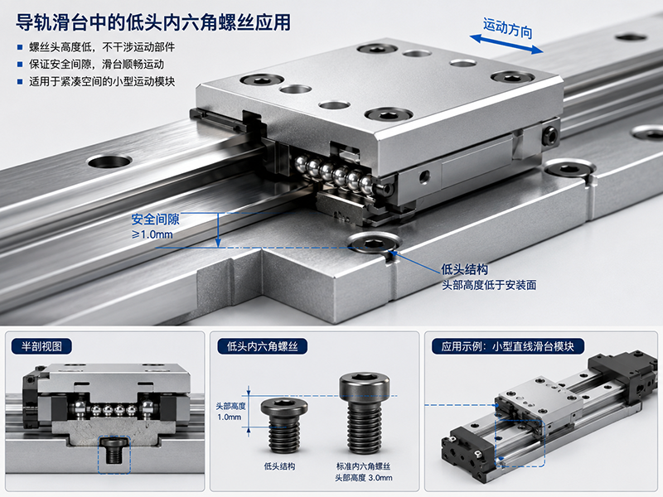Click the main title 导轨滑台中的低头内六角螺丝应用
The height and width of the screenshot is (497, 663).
coord(153,22)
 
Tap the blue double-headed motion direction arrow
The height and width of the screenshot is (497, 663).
coord(506,45)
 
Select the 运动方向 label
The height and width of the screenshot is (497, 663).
coord(507,28)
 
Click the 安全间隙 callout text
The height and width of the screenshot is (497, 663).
coord(155,220)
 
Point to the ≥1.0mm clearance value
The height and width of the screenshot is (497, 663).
coord(152,234)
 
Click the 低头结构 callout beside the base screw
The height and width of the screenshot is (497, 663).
coord(464,269)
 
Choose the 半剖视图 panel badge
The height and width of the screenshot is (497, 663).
coord(41,346)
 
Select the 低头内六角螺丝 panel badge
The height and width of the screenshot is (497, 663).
coord(262,346)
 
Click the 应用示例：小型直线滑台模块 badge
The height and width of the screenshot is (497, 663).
coord(507,346)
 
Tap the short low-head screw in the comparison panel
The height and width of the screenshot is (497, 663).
coord(284,425)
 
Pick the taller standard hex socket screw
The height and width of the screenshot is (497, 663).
coord(364,413)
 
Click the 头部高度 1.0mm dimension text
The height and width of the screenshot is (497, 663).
coord(230,411)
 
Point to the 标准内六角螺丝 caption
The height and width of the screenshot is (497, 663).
coord(363,466)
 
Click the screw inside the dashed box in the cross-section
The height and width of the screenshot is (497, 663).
coord(114,450)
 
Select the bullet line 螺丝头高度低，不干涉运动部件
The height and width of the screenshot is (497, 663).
coord(101,47)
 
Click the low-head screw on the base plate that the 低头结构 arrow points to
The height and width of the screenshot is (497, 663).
coord(374,243)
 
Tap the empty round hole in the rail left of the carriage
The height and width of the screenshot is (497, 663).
coord(109,161)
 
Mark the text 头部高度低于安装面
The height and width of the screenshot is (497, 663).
coord(489,285)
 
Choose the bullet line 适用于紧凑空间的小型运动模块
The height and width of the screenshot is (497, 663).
coord(101,81)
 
